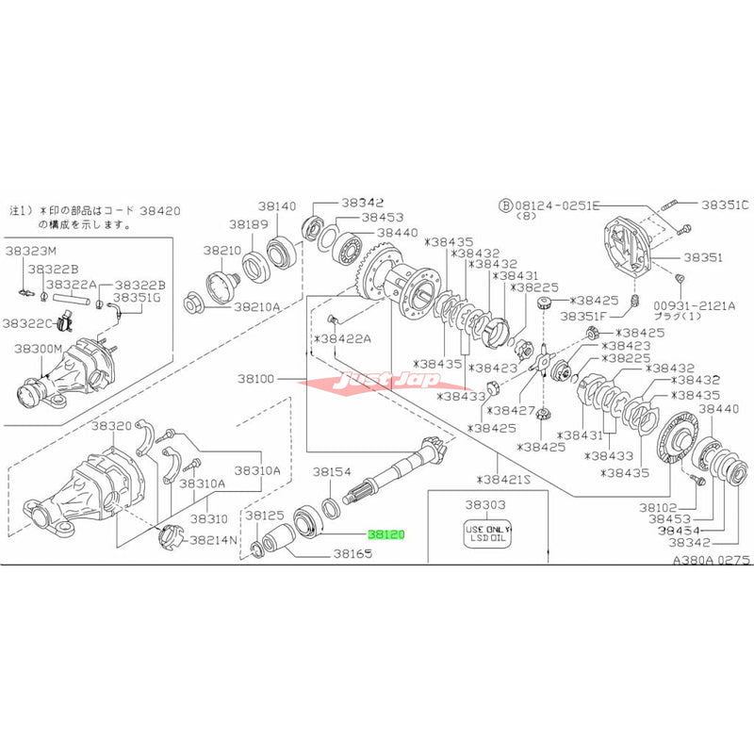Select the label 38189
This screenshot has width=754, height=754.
click(248, 224)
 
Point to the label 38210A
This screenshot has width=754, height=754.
click(257, 306)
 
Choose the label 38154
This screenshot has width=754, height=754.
click(332, 470)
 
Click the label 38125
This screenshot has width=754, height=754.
click(265, 516)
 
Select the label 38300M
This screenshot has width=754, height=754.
click(38, 349)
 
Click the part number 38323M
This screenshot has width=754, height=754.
click(31, 251)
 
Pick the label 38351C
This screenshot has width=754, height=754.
click(723, 204)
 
